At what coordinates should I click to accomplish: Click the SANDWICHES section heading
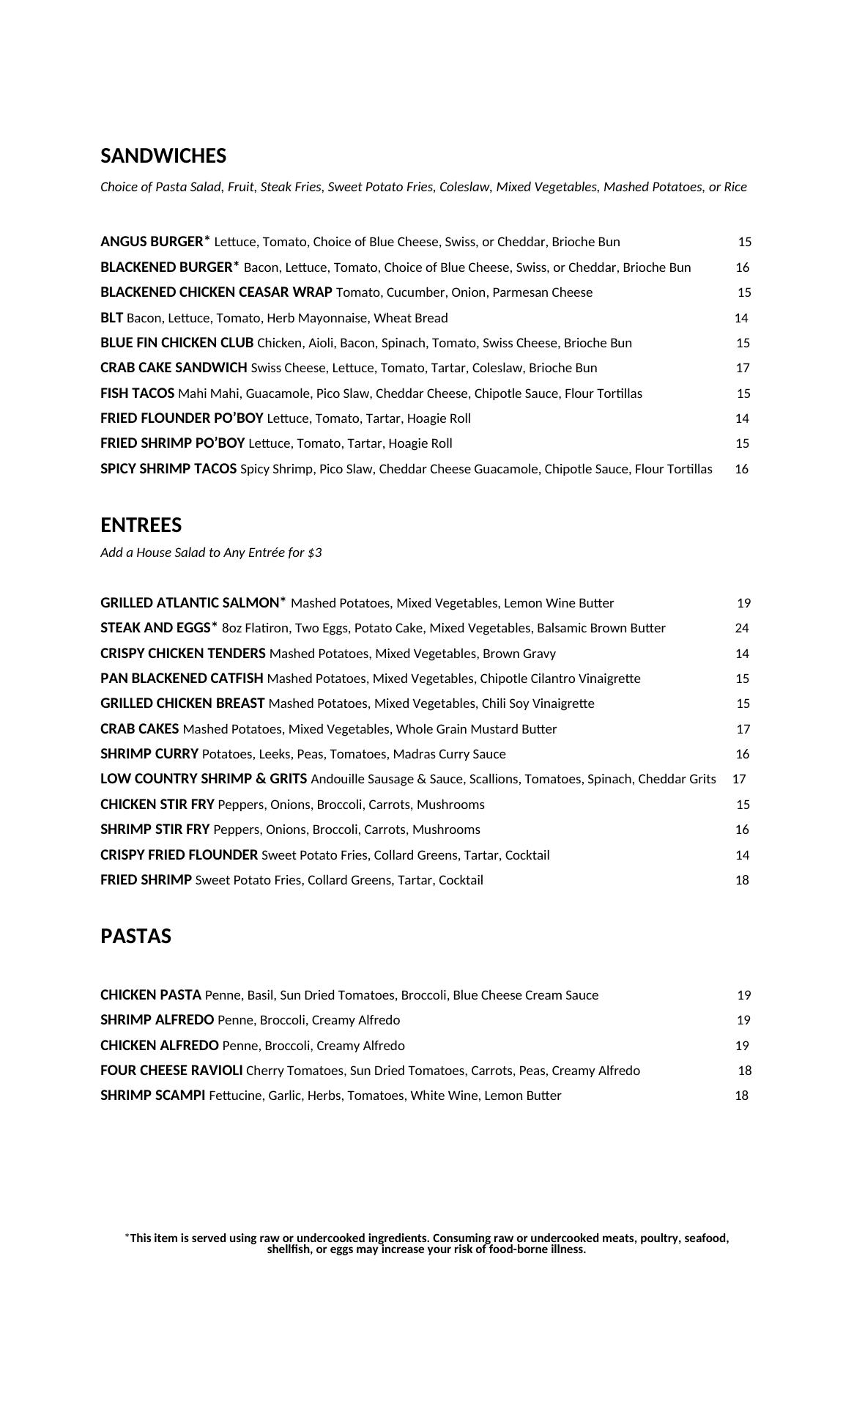click(163, 156)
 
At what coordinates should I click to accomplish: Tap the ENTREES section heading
click(141, 525)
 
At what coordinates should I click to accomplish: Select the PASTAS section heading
click(135, 937)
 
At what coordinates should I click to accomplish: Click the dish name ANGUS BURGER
click(152, 242)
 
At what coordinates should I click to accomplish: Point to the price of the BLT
click(741, 318)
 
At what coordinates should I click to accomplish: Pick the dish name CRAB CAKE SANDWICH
click(174, 368)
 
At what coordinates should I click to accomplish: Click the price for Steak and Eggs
click(742, 628)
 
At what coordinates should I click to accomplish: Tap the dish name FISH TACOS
click(137, 394)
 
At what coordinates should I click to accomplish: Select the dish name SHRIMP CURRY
click(149, 754)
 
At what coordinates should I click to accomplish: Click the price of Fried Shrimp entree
click(742, 880)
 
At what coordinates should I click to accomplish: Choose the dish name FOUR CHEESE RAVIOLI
click(171, 1071)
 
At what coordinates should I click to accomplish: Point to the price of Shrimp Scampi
click(741, 1096)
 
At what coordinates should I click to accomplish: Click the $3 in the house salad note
click(314, 553)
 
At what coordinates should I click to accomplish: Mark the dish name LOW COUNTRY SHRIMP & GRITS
click(204, 779)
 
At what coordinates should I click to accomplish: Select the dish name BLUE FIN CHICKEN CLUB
click(177, 343)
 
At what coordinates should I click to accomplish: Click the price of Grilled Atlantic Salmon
click(744, 603)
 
